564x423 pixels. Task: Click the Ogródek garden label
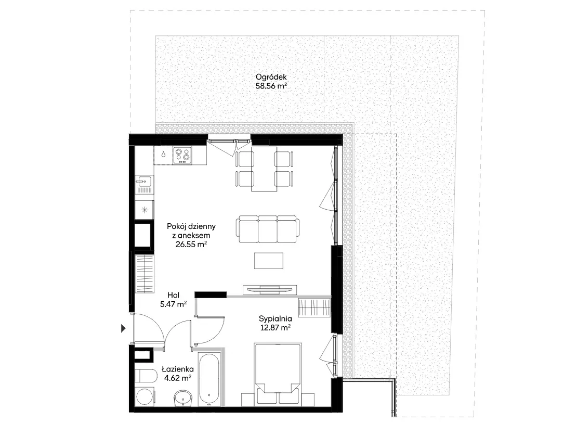coord(271,77)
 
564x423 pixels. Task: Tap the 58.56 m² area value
coord(271,86)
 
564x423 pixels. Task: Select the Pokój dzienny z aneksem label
coord(191,231)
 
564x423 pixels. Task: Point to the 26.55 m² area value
coord(191,245)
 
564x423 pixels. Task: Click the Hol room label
coord(174,295)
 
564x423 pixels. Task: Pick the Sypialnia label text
coord(276,318)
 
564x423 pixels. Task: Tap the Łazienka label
coord(178,369)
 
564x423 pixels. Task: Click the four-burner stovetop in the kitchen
coord(182,155)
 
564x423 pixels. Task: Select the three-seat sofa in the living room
coord(267,229)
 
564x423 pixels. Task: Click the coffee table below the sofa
coord(269,261)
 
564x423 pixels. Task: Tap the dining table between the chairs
coord(265,169)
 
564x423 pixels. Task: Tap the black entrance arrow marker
coord(123,328)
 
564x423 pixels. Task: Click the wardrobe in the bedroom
coord(314,308)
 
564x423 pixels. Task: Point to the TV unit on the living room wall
coord(270,289)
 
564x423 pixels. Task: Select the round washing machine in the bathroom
coord(146,397)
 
